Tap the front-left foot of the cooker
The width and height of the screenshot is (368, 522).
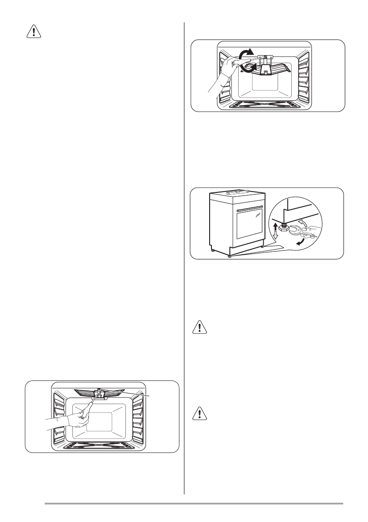[213, 251]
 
